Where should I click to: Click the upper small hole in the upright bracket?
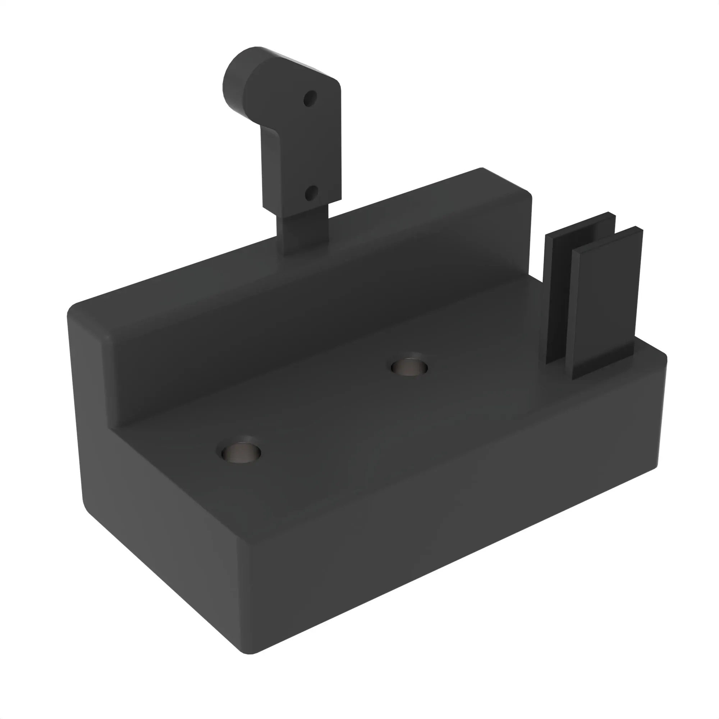(x=310, y=99)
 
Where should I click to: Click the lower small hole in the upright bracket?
(x=311, y=193)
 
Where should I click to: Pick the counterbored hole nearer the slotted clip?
(x=409, y=367)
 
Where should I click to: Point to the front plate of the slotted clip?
(x=605, y=302)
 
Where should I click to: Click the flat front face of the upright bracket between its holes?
(x=309, y=149)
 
